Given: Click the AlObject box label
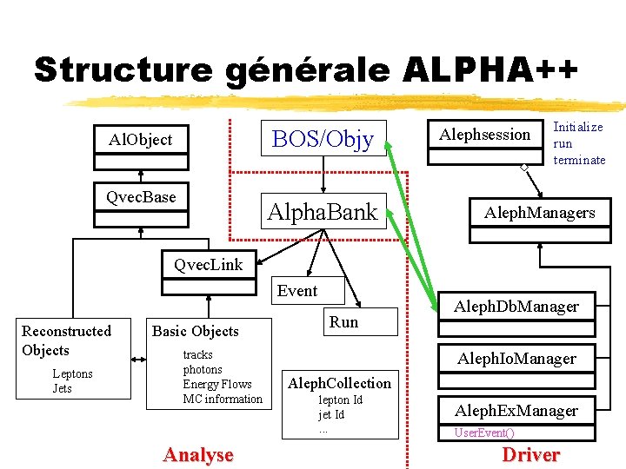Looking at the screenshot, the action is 141,140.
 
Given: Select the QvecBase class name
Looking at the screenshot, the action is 141,197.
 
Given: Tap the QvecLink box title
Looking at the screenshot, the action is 209,265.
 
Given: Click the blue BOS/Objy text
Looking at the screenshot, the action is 323,139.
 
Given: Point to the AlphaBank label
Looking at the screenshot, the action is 323,211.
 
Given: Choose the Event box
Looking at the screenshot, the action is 308,290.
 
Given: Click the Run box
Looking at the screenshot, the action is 361,321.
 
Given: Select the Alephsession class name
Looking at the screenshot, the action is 484,135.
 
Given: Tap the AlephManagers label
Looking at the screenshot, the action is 540,213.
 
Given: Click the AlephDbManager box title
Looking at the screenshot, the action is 516,307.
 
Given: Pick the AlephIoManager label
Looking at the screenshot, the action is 516,359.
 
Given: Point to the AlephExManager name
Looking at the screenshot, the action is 516,410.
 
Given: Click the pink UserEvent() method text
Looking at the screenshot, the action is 484,433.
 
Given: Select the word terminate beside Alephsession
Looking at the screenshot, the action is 579,160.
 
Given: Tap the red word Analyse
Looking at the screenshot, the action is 198,455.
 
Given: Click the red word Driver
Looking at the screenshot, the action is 531,454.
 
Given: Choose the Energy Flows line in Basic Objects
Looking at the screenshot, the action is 217,384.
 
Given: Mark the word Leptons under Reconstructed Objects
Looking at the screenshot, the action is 73,373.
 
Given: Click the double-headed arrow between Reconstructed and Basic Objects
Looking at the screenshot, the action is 138,360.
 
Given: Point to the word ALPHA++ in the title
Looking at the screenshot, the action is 490,69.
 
